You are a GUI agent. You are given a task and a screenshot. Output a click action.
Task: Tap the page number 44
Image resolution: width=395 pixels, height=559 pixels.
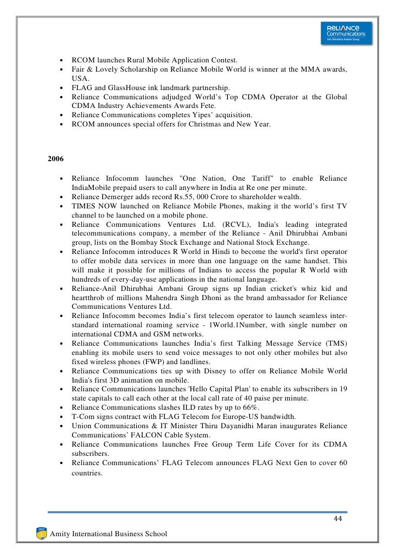tap(338, 520)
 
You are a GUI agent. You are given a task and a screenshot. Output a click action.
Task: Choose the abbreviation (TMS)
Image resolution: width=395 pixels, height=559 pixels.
tap(335, 344)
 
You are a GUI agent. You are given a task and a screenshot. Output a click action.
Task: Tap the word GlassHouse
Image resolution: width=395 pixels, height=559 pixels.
tap(118, 87)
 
